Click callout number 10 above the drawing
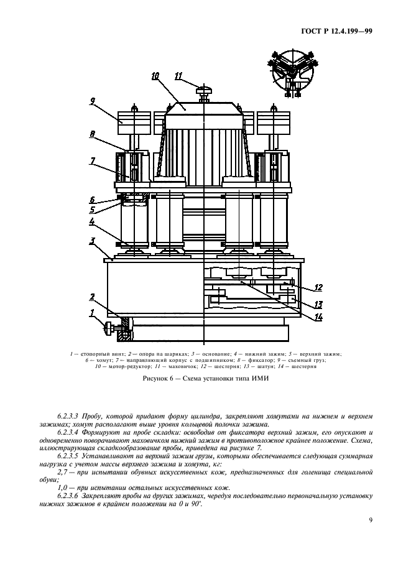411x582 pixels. tap(155, 76)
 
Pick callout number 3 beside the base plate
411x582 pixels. tap(91, 241)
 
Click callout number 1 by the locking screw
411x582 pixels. tap(91, 313)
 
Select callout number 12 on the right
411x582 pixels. tap(318, 287)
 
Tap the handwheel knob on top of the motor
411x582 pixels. tap(203, 91)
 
